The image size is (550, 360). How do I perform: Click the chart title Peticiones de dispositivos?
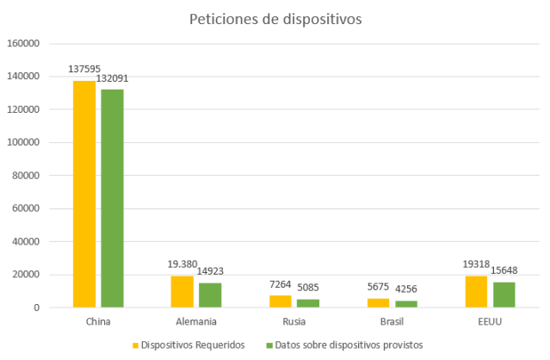tap(275, 18)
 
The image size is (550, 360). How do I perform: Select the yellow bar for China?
tap(84, 194)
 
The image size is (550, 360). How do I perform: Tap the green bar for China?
tap(112, 198)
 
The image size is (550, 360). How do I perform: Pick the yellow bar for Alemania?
tap(182, 291)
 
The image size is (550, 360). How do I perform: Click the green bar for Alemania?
tap(210, 295)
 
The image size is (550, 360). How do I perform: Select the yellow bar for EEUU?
tap(476, 291)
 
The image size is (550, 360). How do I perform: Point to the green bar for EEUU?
tap(504, 295)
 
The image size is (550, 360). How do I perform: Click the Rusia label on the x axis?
tap(294, 321)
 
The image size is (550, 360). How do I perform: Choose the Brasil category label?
tap(392, 321)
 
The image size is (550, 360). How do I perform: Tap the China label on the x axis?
tap(98, 321)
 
